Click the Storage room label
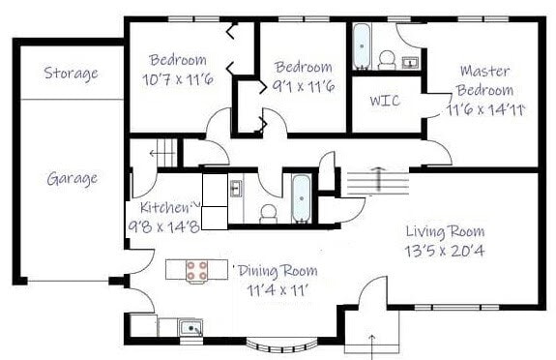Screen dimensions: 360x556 pyautogui.click(x=71, y=74)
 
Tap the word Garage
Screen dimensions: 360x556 pyautogui.click(x=72, y=178)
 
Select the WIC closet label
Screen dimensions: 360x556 pyautogui.click(x=385, y=101)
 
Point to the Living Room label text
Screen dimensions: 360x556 pyautogui.click(x=445, y=231)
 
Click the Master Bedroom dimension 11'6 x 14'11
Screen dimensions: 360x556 pyautogui.click(x=485, y=108)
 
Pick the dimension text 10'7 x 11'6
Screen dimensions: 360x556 pyautogui.click(x=177, y=78)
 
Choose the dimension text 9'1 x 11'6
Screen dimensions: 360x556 pyautogui.click(x=303, y=87)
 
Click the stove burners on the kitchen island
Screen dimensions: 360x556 pyautogui.click(x=197, y=271)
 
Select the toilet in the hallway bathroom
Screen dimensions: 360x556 pyautogui.click(x=268, y=209)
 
